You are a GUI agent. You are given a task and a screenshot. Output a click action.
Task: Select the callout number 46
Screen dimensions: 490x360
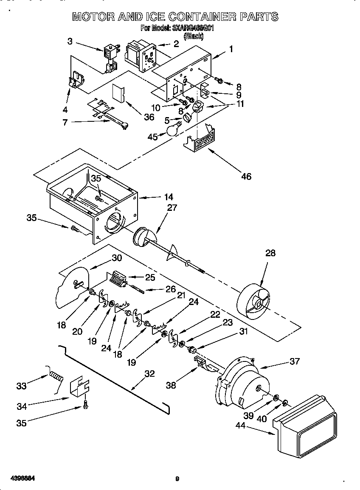click(246, 176)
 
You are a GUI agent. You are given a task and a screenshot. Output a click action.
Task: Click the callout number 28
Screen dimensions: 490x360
click(270, 253)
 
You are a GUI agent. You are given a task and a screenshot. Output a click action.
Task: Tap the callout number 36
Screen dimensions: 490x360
click(149, 118)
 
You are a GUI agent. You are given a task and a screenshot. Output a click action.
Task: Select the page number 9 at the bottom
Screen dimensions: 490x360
click(177, 479)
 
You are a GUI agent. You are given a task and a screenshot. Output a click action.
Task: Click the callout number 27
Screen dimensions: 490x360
click(172, 207)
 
